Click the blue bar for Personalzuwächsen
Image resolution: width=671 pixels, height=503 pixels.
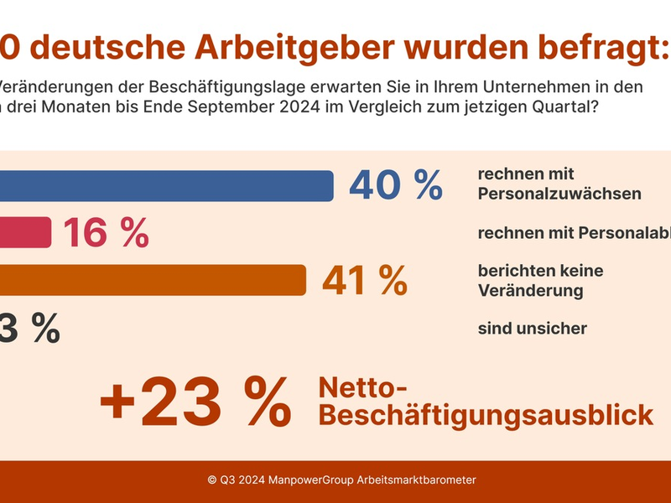coord(168,185)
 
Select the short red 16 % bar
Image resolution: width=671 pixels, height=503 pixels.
coord(25,232)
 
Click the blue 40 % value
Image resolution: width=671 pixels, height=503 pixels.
coord(395,185)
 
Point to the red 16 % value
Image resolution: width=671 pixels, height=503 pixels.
coord(106,232)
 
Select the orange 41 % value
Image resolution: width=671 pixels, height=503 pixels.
coord(364,280)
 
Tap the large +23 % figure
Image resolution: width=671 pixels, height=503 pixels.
coord(195,401)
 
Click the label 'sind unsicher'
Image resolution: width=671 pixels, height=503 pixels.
coord(532,328)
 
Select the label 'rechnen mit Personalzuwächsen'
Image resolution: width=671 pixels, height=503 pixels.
coord(559,184)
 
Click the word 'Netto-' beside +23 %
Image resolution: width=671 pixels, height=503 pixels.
coord(362,387)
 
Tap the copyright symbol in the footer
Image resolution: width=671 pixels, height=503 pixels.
coord(212,480)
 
